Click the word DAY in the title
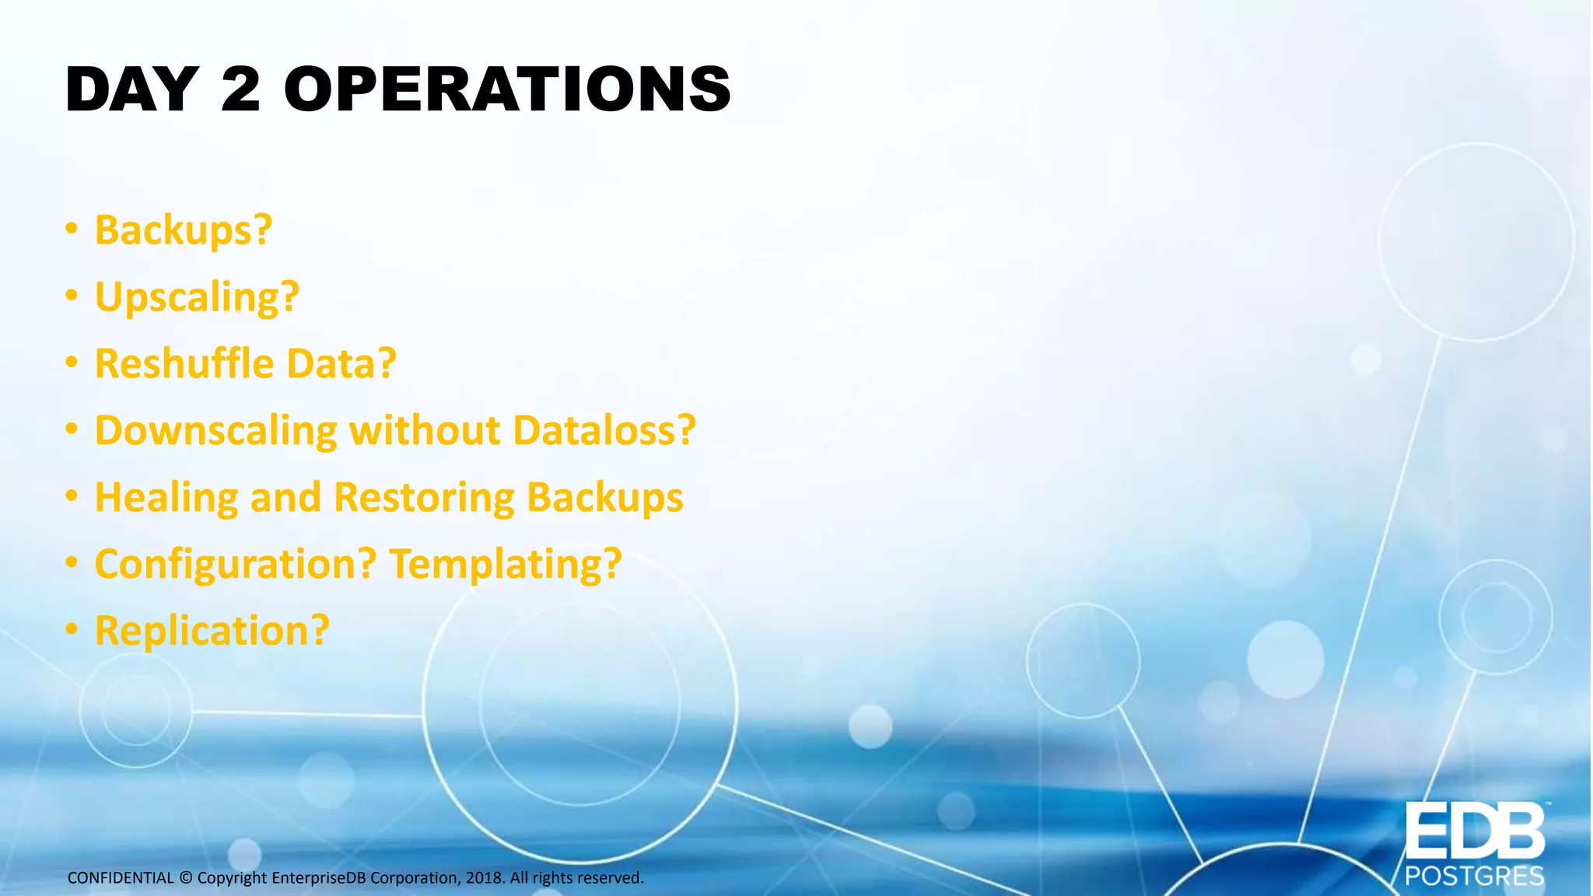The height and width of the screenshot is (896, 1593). click(131, 89)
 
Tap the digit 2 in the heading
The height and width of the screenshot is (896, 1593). click(240, 89)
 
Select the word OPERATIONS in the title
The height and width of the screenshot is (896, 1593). click(507, 89)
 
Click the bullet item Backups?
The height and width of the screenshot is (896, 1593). click(184, 230)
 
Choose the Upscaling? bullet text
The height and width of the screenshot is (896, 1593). click(197, 297)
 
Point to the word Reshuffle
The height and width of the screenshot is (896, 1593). click(184, 363)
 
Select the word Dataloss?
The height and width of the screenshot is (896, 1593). click(604, 430)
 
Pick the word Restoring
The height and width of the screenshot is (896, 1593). click(424, 498)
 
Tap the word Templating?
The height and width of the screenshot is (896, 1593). click(506, 564)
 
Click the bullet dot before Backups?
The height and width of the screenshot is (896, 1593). click(72, 229)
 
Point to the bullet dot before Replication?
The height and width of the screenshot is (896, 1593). click(72, 629)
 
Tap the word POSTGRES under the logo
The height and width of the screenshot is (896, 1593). click(1474, 877)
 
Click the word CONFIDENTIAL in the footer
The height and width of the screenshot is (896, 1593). click(121, 878)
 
